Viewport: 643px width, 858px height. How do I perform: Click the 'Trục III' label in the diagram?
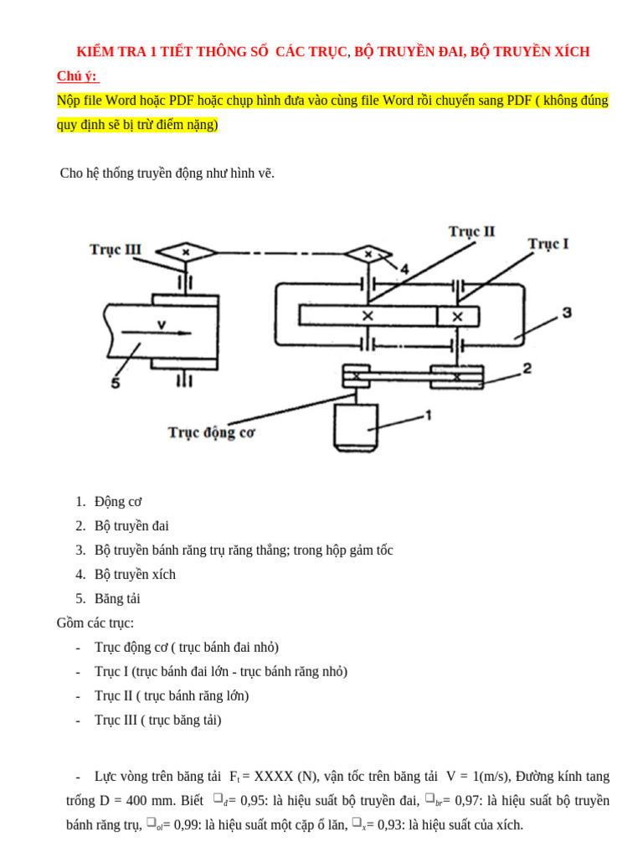coord(116,250)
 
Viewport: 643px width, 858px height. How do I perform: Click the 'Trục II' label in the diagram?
coord(471,231)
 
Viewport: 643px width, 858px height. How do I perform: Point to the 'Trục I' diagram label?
coord(548,244)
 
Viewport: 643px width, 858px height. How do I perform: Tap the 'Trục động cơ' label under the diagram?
coord(211,432)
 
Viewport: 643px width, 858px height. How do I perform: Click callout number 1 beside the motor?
coord(427,415)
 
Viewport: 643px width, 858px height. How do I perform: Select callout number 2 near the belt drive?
coord(527,368)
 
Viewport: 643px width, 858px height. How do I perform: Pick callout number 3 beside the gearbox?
coord(566,313)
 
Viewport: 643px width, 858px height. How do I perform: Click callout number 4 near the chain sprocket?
coord(404,269)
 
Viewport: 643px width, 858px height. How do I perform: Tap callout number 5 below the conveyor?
coord(116,385)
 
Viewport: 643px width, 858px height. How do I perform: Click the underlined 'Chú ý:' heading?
coord(77,76)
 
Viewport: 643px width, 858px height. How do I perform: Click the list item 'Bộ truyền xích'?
coord(135,574)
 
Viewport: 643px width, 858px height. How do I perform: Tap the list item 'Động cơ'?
coord(118,502)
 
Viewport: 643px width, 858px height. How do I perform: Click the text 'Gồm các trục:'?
coord(95,623)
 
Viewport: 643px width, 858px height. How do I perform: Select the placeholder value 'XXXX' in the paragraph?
coord(274,777)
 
